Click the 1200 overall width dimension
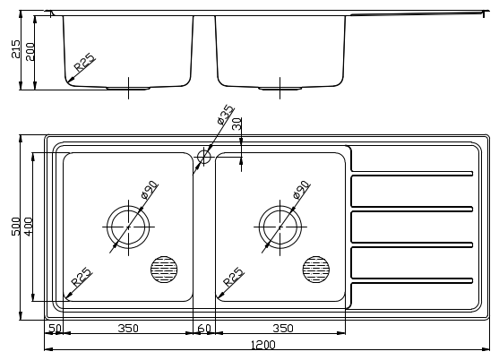pyautogui.click(x=262, y=345)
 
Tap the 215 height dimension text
pyautogui.click(x=15, y=48)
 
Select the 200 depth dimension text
pyautogui.click(x=30, y=52)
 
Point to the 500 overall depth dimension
pyautogui.click(x=15, y=227)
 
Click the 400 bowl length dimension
pyautogui.click(x=29, y=227)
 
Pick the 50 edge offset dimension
pyautogui.click(x=55, y=328)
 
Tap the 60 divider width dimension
pyautogui.click(x=204, y=328)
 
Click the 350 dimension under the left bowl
pyautogui.click(x=128, y=328)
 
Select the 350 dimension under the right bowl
pyautogui.click(x=283, y=328)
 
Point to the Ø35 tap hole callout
pyautogui.click(x=226, y=115)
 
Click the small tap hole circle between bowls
pyautogui.click(x=203, y=157)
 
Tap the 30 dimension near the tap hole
pyautogui.click(x=237, y=124)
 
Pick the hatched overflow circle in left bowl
pyautogui.click(x=164, y=270)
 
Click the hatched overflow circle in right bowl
pyautogui.click(x=316, y=270)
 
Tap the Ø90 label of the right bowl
pyautogui.click(x=301, y=190)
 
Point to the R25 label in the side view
pyautogui.click(x=84, y=63)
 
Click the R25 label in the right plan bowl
pyautogui.click(x=233, y=277)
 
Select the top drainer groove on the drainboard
pyautogui.click(x=412, y=174)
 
